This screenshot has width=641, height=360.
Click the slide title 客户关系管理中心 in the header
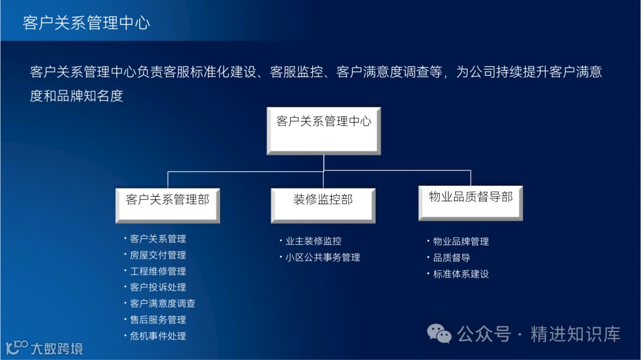87,23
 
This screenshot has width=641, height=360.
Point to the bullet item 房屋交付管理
158,255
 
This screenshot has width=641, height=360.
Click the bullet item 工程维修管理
158,271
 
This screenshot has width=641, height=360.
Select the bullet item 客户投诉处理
158,287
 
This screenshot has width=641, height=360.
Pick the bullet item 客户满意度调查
163,303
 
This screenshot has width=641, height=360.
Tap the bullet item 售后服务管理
158,320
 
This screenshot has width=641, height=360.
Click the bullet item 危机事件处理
158,336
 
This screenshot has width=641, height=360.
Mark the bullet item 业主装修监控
313,241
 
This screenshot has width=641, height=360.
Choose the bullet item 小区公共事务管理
323,257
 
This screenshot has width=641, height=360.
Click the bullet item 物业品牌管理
461,241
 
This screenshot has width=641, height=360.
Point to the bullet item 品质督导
452,258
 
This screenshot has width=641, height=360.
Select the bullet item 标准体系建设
461,274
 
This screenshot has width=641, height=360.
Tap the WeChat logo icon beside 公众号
440,334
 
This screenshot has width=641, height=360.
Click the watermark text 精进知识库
575,334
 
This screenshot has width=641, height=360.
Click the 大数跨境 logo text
57,348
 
